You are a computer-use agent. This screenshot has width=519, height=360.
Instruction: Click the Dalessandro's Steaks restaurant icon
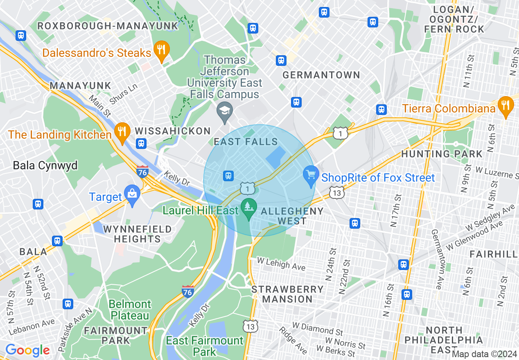(x=162, y=49)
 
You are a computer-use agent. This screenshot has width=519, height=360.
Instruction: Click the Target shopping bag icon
(x=132, y=193)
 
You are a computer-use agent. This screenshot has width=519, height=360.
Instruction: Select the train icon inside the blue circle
(x=228, y=176)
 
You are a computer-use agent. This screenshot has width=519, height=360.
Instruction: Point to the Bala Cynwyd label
(x=45, y=165)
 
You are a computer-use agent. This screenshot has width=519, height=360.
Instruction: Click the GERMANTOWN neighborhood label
(x=321, y=75)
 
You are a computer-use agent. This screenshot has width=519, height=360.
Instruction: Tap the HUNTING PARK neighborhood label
(x=442, y=154)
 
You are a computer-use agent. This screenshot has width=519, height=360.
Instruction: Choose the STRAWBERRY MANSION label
(x=287, y=294)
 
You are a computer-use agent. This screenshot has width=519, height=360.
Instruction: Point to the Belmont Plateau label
(x=130, y=310)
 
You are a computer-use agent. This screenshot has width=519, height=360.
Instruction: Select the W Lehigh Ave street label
(x=281, y=263)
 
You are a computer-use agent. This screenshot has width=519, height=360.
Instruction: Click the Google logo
(x=27, y=351)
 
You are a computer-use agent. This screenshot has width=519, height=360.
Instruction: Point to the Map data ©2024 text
(x=484, y=354)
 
